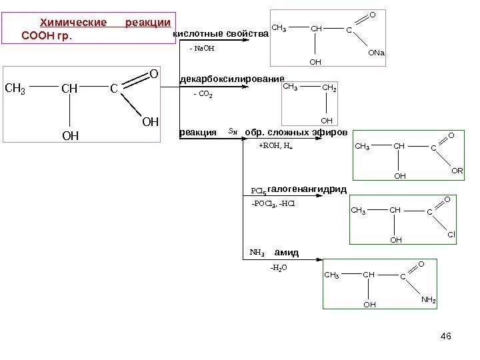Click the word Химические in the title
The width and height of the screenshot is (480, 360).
tap(73, 23)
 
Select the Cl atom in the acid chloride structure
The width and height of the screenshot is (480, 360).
tap(451, 235)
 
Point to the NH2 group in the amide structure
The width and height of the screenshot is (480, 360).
tap(429, 300)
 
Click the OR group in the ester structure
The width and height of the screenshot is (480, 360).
tap(457, 171)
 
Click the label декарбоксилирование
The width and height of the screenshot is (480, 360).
tap(233, 79)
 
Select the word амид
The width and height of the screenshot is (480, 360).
tap(286, 253)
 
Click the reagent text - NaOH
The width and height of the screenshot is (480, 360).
tap(203, 49)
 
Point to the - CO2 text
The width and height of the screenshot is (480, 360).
tap(203, 95)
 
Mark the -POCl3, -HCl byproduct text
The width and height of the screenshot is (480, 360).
tap(273, 203)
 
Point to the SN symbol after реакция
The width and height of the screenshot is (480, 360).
tap(232, 132)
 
